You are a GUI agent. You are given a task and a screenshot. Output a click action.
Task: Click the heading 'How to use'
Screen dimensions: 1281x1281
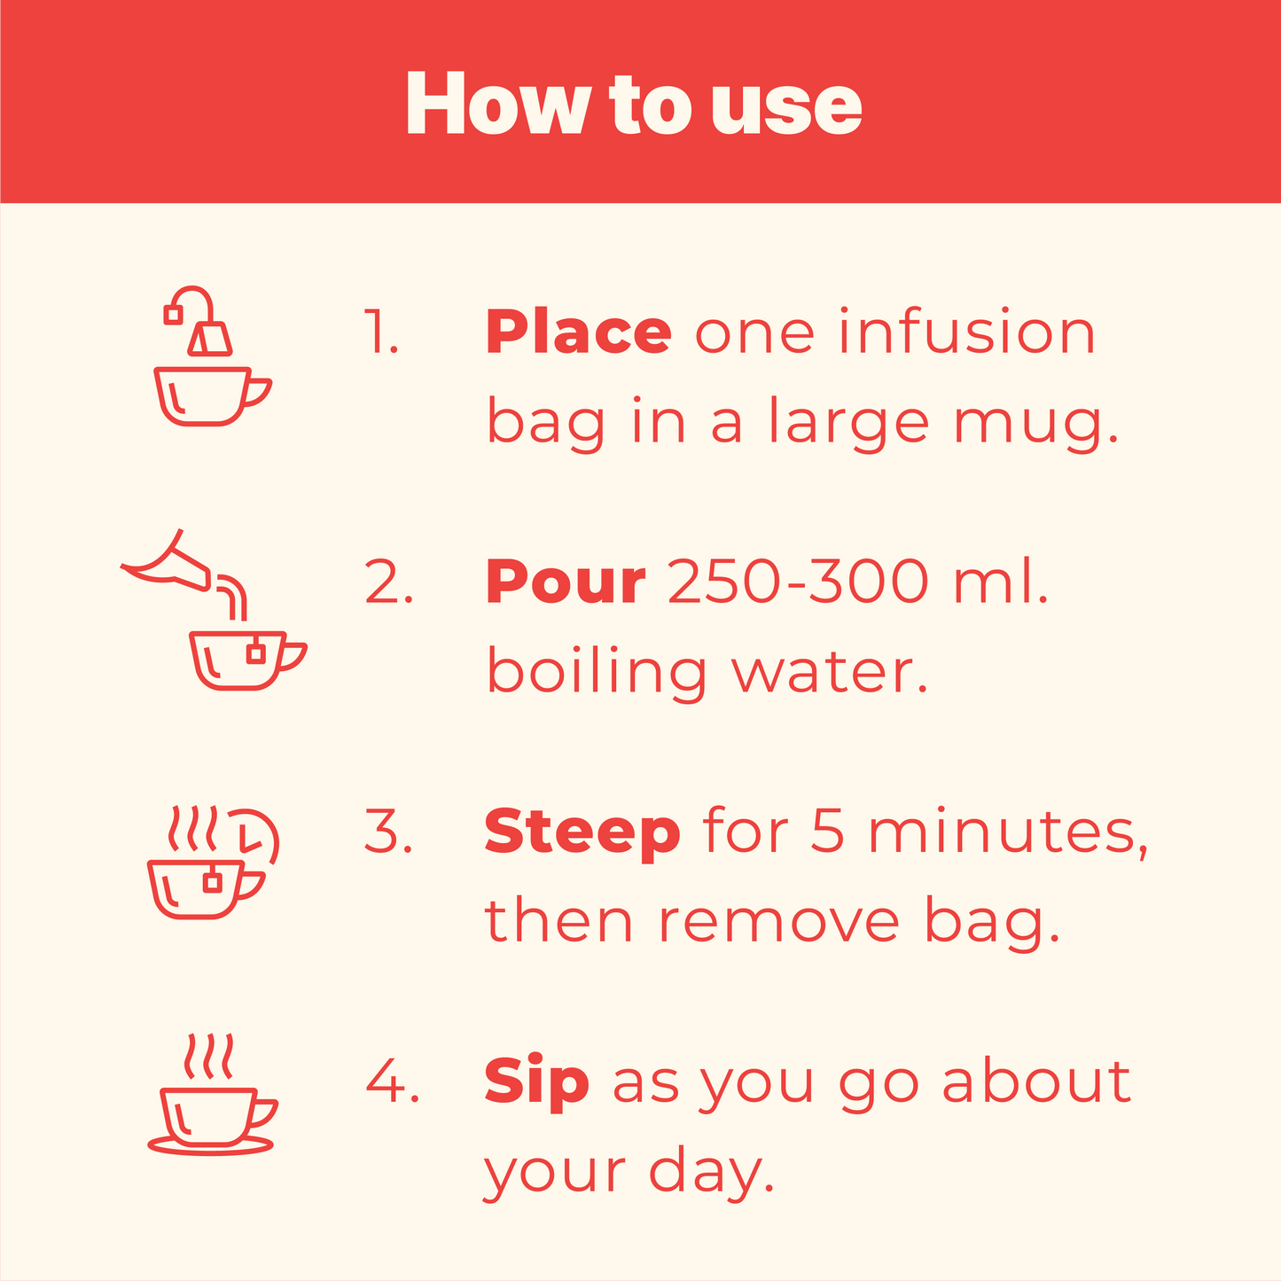pos(634,105)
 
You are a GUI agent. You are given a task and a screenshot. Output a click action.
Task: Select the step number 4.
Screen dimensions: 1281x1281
pos(392,1081)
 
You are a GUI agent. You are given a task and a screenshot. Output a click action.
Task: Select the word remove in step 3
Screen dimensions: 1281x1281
pos(778,923)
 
